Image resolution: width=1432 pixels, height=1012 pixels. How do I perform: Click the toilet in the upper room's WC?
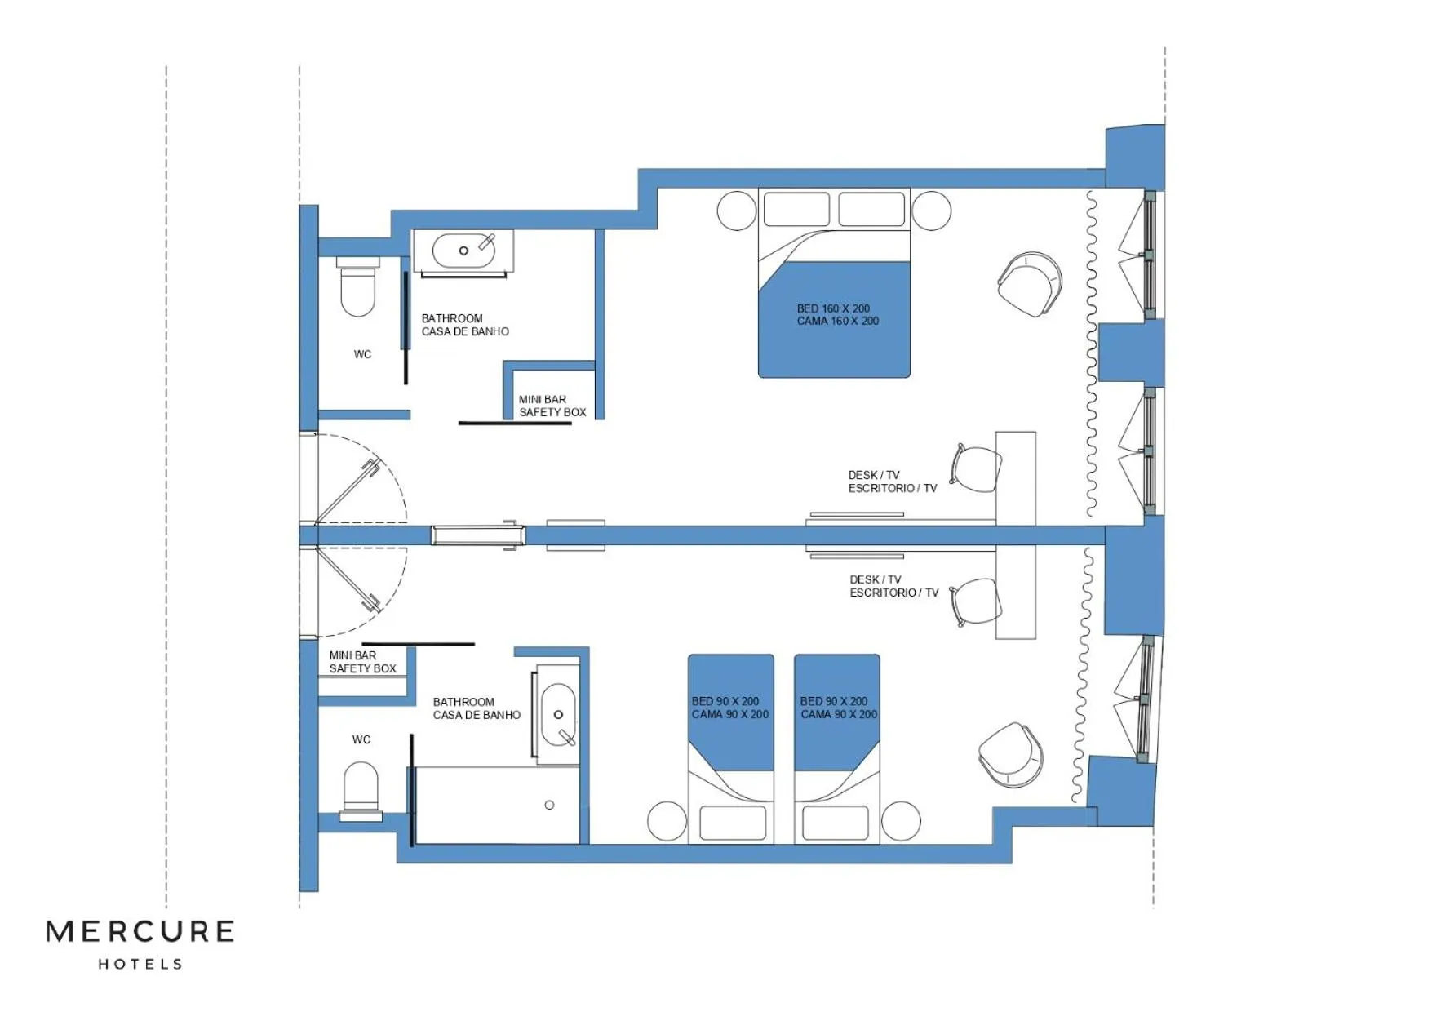pos(357,289)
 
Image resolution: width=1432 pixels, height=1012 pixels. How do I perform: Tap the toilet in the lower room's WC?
pos(361,788)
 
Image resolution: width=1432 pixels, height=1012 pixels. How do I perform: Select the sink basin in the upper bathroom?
pos(463,251)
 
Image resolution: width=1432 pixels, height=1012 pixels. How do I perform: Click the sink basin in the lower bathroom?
pos(559,716)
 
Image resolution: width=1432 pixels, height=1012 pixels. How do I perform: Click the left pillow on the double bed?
pos(796,209)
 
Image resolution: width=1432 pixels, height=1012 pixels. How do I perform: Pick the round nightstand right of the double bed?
pos(931,211)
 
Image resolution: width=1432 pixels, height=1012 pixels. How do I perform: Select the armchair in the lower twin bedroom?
pos(1011,754)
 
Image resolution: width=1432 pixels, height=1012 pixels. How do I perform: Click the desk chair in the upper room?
pos(977,468)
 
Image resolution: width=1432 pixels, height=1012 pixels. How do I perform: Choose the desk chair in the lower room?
pos(977,602)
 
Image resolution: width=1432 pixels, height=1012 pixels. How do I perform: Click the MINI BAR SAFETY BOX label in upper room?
pos(552,406)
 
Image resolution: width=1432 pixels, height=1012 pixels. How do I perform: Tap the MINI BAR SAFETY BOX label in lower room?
pos(362,662)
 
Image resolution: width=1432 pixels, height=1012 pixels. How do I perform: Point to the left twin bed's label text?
pos(729,708)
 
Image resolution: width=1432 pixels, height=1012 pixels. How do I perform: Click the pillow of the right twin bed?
pos(835,823)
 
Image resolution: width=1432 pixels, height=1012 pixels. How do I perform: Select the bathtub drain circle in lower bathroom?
pos(549,805)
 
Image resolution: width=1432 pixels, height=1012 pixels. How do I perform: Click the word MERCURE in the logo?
pos(140,932)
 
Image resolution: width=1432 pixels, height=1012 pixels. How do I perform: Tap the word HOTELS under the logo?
pos(140,965)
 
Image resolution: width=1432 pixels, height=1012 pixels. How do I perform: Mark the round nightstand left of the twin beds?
pos(667,820)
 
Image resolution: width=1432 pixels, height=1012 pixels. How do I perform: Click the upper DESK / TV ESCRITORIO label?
pos(892,482)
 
